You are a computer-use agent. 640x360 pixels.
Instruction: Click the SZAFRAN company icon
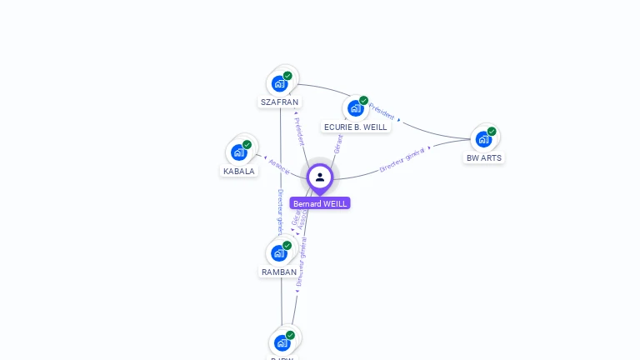pos(279,83)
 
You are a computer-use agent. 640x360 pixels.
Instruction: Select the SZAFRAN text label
pos(279,102)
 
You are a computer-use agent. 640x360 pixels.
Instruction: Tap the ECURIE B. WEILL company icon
pos(355,108)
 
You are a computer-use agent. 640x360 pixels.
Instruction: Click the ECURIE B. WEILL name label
pos(356,127)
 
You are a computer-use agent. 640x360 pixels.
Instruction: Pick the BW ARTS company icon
pos(483,139)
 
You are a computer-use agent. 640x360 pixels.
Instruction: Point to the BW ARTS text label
pos(484,157)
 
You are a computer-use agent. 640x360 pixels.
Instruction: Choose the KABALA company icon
pos(238,152)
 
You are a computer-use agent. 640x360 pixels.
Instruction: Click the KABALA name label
pos(239,171)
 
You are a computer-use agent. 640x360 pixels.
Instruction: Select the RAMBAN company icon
pos(278,253)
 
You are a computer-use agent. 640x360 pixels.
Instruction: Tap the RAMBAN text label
pos(279,272)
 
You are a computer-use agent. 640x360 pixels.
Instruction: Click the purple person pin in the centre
pos(320,177)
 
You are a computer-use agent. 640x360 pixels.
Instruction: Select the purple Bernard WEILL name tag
pos(320,203)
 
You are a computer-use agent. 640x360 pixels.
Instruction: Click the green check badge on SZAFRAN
pos(287,76)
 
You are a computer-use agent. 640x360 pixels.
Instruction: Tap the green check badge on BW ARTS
pos(492,132)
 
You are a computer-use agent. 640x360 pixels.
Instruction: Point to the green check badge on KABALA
pos(247,145)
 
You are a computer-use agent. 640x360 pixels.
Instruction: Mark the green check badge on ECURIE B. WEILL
pos(363,101)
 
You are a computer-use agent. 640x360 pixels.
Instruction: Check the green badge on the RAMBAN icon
pos(287,246)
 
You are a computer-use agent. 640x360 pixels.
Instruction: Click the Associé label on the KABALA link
pos(279,165)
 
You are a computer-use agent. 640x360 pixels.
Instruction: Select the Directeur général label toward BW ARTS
pos(402,159)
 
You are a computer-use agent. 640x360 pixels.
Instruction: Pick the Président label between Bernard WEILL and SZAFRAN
pos(299,131)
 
